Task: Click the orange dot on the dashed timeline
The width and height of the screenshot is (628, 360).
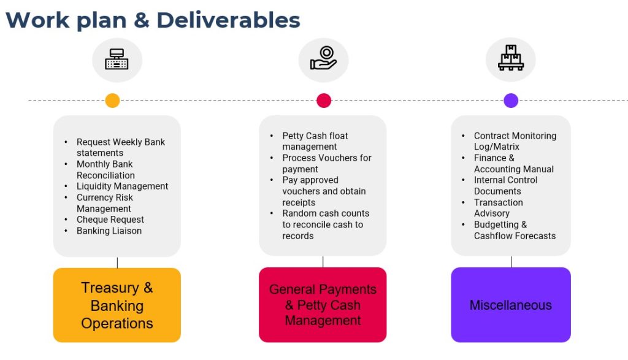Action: pyautogui.click(x=113, y=101)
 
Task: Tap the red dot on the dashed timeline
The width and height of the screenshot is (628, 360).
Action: pyautogui.click(x=324, y=101)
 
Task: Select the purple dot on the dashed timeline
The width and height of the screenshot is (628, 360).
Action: pyautogui.click(x=511, y=101)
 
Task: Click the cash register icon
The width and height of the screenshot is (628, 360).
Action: pyautogui.click(x=117, y=59)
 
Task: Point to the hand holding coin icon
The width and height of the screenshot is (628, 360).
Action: pyautogui.click(x=324, y=58)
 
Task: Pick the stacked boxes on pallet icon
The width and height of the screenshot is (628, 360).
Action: pyautogui.click(x=511, y=58)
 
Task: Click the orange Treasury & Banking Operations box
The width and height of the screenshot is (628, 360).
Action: pyautogui.click(x=117, y=305)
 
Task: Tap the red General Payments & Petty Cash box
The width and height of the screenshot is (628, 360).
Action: pyautogui.click(x=323, y=305)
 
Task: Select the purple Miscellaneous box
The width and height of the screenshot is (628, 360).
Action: pyautogui.click(x=511, y=305)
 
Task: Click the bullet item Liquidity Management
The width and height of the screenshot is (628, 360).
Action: pyautogui.click(x=122, y=186)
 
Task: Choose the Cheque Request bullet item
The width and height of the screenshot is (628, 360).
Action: pyautogui.click(x=110, y=220)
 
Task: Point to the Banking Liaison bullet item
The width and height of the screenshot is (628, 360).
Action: pyautogui.click(x=109, y=231)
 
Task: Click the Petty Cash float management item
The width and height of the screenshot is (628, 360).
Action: pyautogui.click(x=315, y=141)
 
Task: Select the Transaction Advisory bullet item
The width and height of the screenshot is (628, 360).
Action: pyautogui.click(x=498, y=208)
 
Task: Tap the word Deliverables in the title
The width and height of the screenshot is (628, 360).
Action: pyautogui.click(x=228, y=20)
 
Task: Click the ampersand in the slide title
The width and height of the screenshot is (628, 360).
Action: pyautogui.click(x=142, y=20)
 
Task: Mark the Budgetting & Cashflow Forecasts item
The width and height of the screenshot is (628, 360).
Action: pyautogui.click(x=515, y=230)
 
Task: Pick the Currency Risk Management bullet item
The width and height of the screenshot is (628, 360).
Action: pyautogui.click(x=104, y=203)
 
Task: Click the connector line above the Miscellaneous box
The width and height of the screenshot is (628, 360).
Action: pyautogui.click(x=511, y=262)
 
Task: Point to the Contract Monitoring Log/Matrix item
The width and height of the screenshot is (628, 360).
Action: pyautogui.click(x=515, y=141)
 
